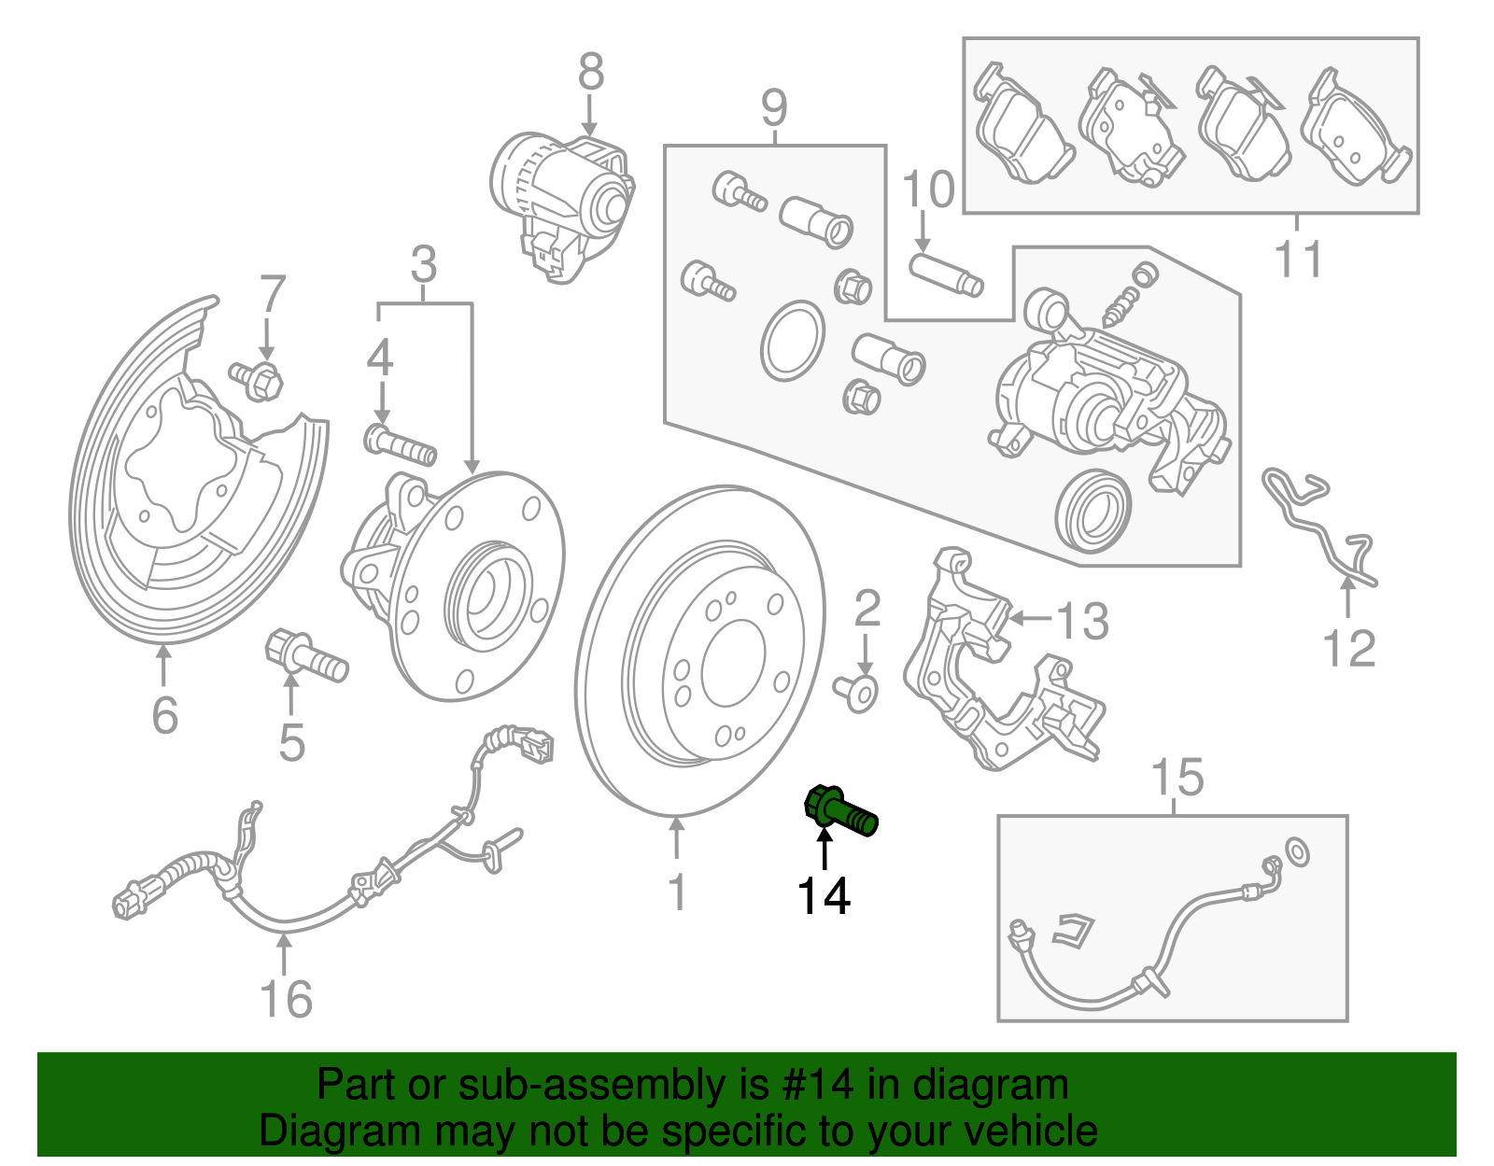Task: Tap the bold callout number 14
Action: (824, 896)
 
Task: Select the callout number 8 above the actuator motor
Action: (591, 73)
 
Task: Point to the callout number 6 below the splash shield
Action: (164, 716)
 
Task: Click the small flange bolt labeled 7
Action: (257, 379)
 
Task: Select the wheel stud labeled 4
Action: (400, 444)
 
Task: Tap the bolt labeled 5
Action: (306, 655)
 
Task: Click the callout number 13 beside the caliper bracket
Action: (1082, 621)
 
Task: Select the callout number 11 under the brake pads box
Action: (1299, 260)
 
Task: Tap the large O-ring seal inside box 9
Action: (792, 341)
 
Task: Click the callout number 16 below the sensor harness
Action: (286, 1000)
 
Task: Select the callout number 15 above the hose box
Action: (1177, 778)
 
